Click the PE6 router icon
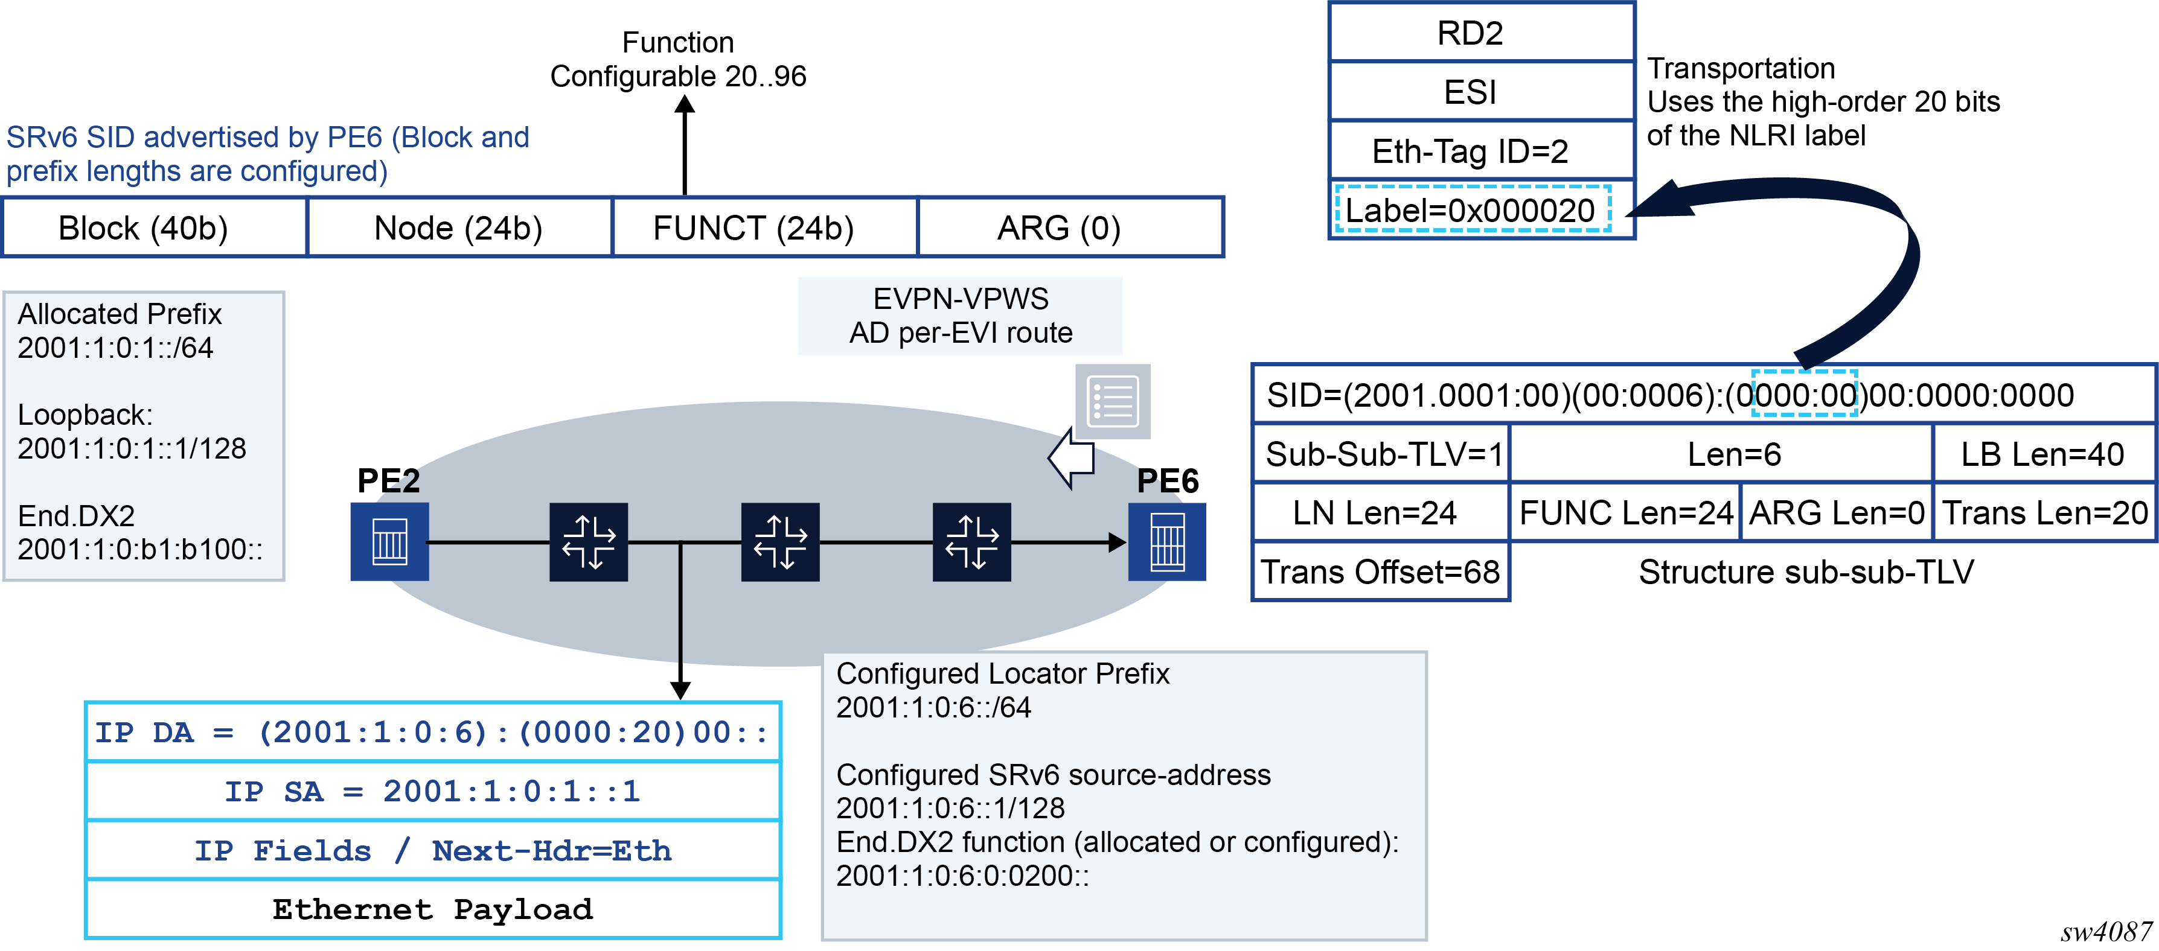point(1166,541)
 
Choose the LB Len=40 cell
point(2042,454)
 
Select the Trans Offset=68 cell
point(1380,572)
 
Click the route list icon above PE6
point(1112,401)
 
